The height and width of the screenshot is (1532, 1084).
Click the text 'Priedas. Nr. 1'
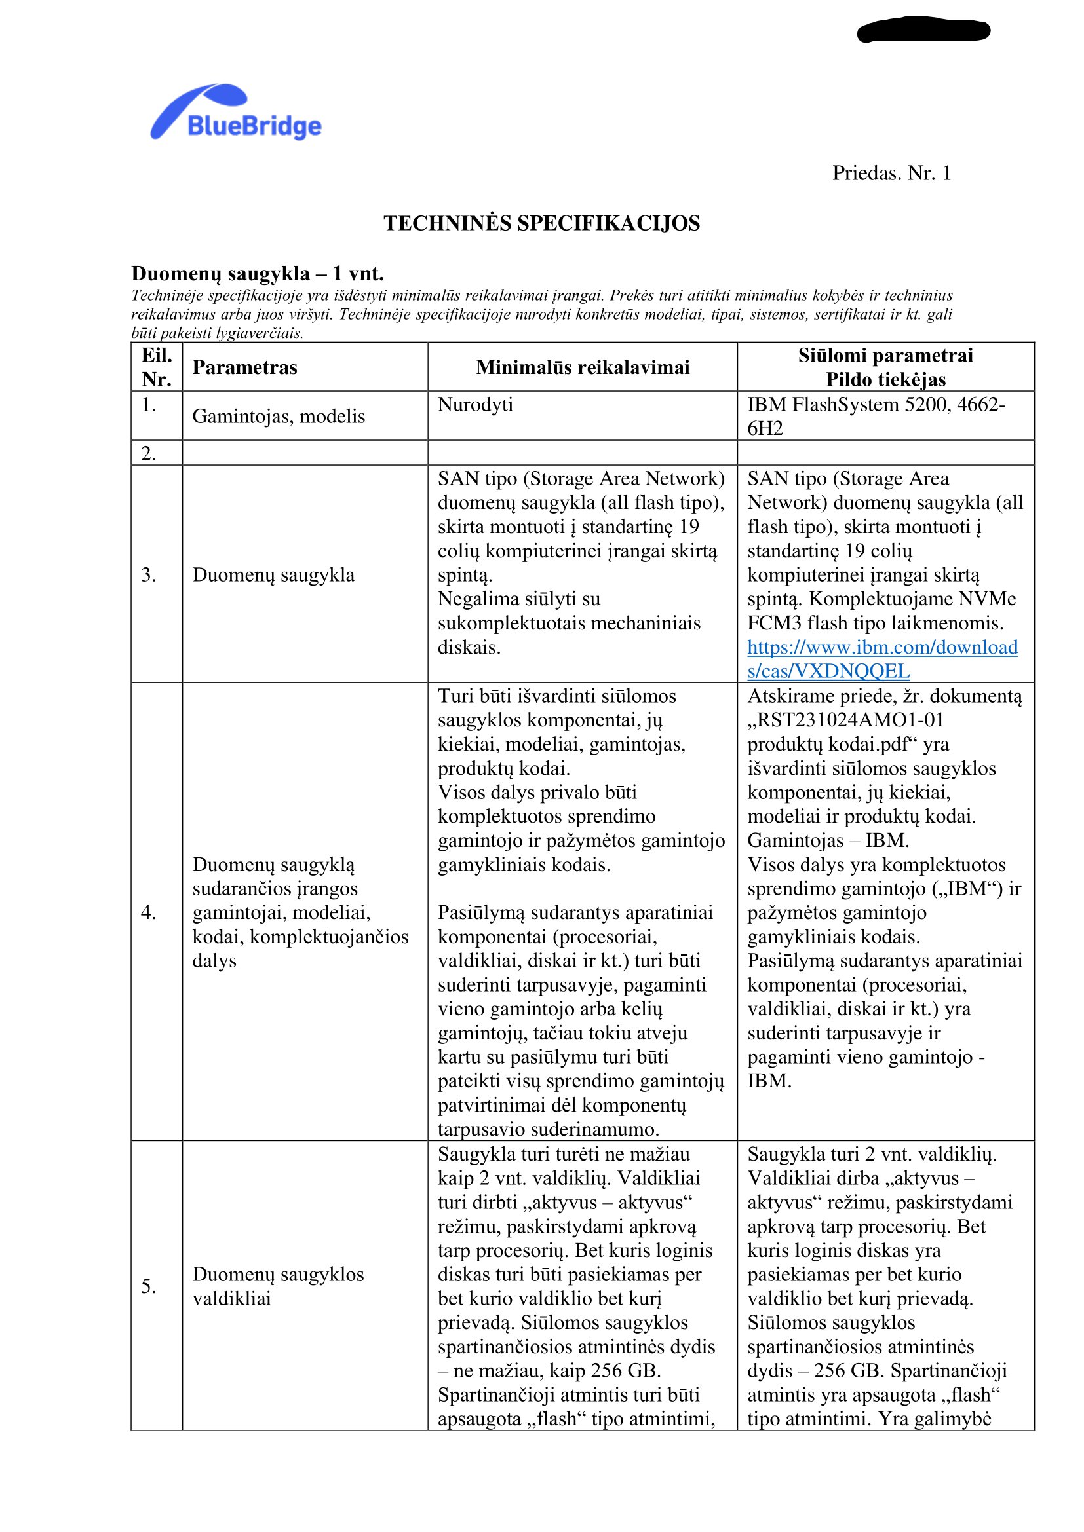(x=891, y=174)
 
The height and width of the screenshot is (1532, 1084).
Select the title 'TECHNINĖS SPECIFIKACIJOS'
(x=541, y=223)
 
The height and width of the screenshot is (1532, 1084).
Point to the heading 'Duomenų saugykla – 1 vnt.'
(x=257, y=274)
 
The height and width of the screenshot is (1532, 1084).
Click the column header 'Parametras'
(x=244, y=367)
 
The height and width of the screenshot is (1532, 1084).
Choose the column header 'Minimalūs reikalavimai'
(x=582, y=367)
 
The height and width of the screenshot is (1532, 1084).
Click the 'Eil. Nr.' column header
(x=156, y=367)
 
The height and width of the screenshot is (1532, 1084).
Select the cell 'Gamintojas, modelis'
(x=279, y=417)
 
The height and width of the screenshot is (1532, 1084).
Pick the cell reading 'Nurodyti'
(x=475, y=405)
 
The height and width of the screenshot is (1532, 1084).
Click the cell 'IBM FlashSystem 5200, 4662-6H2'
(x=875, y=417)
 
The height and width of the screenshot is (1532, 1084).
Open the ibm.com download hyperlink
(x=881, y=658)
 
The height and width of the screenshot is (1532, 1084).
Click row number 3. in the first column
(x=149, y=574)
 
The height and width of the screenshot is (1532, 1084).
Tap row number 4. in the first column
(x=149, y=912)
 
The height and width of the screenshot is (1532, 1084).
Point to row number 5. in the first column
(x=149, y=1286)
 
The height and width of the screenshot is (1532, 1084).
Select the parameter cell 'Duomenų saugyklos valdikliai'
(x=278, y=1286)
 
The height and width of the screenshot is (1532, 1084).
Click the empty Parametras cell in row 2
(x=304, y=453)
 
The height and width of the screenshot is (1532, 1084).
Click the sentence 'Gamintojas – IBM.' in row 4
(x=828, y=840)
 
